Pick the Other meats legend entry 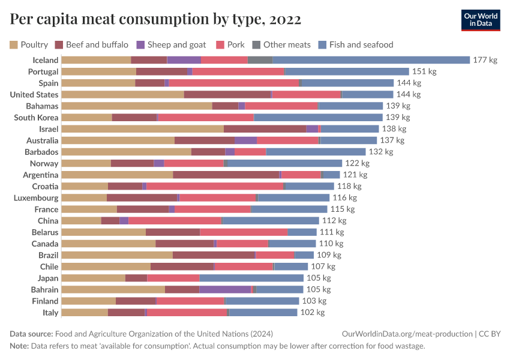pos(281,44)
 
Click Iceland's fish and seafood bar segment pos(371,60)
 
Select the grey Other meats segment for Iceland pos(260,60)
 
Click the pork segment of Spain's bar pos(233,83)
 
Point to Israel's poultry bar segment pos(142,129)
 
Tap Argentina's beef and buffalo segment pos(226,175)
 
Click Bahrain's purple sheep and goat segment pos(224,289)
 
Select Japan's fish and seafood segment pos(251,278)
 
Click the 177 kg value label pos(485,60)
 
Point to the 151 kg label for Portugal pos(424,71)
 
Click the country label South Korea pos(36,118)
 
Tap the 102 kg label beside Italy pos(312,312)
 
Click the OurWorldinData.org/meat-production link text pos(406,334)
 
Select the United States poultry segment pos(122,94)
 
